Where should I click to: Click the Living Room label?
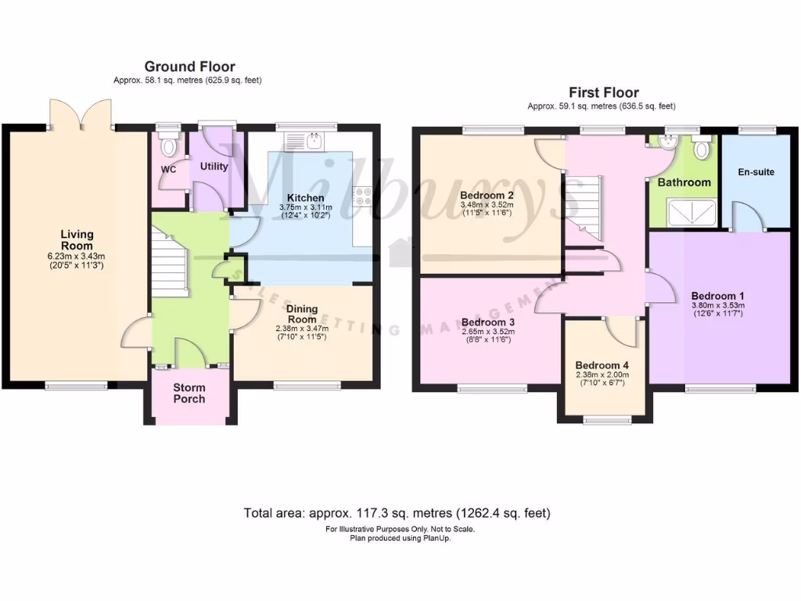pos(78,239)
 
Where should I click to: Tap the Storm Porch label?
pos(189,393)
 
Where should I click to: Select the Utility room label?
pos(214,166)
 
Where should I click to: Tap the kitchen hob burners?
pos(364,195)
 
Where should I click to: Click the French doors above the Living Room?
pos(81,115)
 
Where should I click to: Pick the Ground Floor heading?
pos(189,67)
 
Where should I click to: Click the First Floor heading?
pos(603,92)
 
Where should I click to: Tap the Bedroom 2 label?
pos(487,195)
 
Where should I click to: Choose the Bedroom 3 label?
pos(487,322)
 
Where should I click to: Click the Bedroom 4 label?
pos(602,365)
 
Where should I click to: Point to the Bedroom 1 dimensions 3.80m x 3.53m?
pos(717,305)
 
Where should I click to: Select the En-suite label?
pos(756,171)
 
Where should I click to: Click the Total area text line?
pos(397,513)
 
